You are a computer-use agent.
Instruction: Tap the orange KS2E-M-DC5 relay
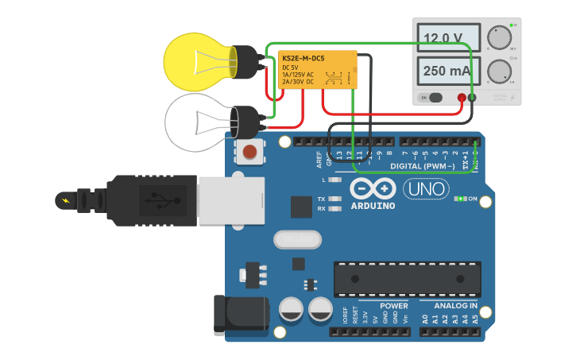tap(317, 70)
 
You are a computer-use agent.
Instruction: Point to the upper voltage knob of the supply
tap(499, 38)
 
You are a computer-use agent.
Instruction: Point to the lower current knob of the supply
tap(499, 72)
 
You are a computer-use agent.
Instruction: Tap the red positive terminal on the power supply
tap(462, 98)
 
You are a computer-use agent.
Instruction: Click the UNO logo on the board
tap(426, 189)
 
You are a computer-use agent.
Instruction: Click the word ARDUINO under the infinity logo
tap(373, 206)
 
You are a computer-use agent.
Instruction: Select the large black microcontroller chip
tap(407, 278)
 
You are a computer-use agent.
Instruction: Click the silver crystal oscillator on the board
tap(297, 238)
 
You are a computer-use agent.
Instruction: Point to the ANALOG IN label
tap(455, 305)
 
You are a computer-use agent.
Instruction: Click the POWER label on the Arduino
tap(394, 305)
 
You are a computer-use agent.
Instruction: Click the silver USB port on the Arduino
tap(230, 199)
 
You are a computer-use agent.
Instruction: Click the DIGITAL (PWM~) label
tap(423, 166)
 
